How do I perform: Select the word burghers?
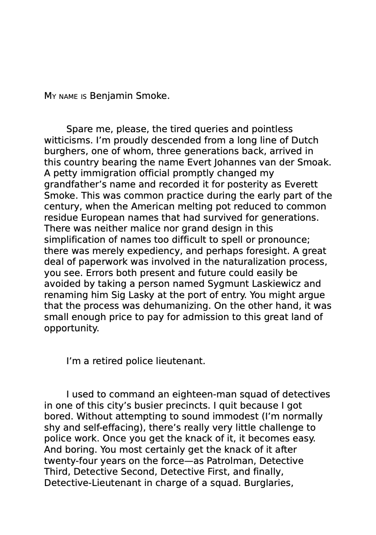(63, 152)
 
